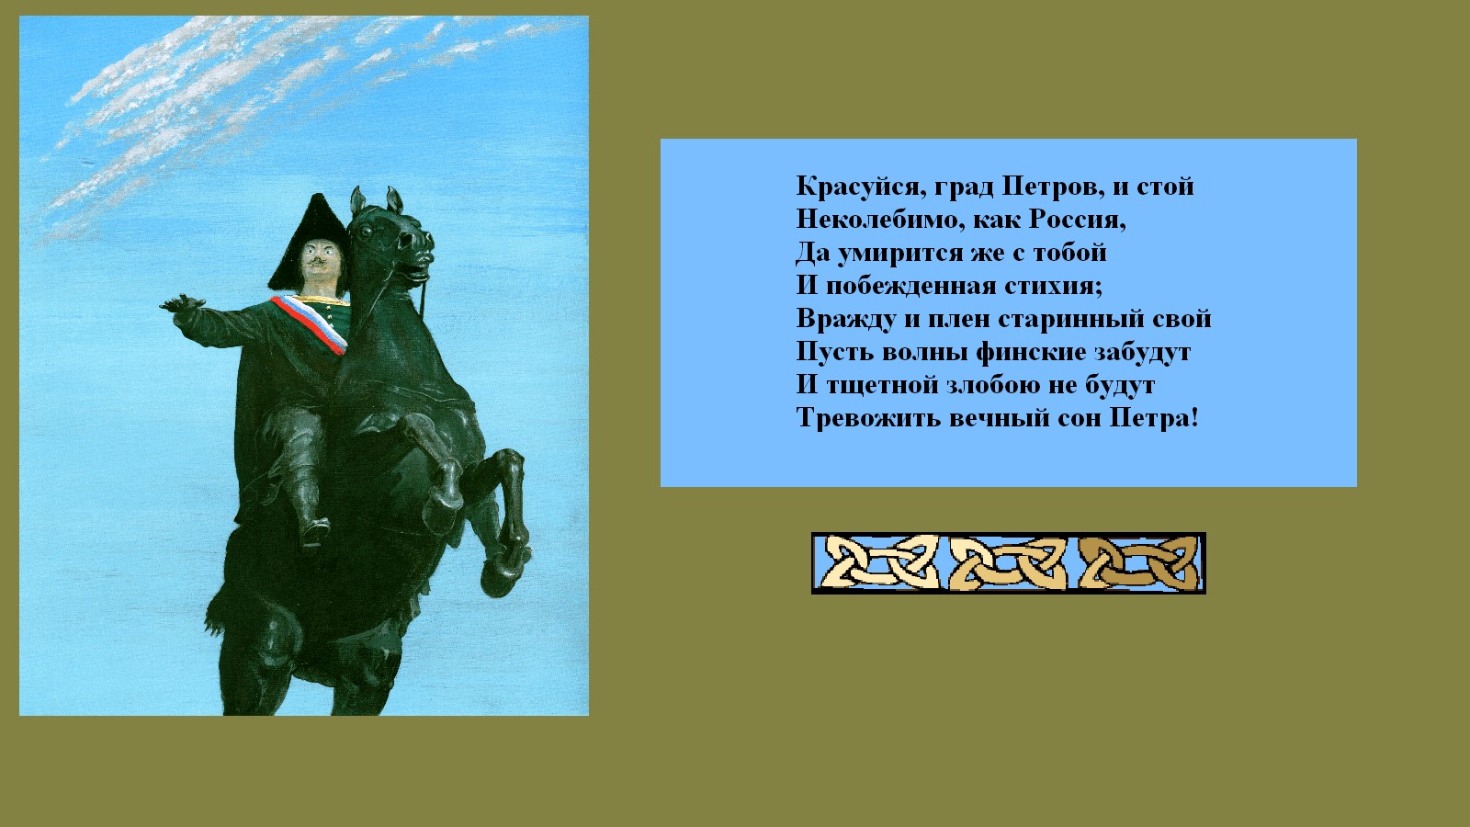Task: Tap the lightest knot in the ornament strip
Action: point(880,562)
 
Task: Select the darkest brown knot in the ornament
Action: point(1138,562)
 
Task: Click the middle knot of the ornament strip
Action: point(1009,562)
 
